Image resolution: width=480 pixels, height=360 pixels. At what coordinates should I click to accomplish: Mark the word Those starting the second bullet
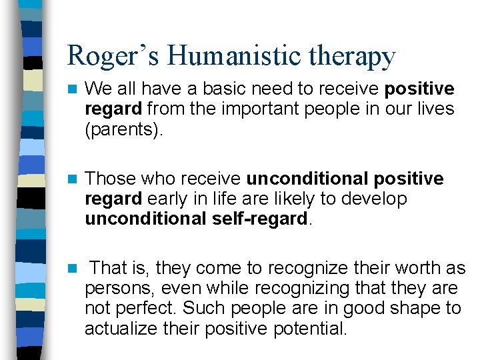pos(107,179)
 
